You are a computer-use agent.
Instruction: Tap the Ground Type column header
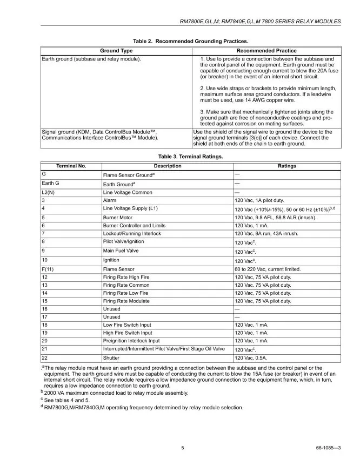(116, 51)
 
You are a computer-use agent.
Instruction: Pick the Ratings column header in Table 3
(287, 166)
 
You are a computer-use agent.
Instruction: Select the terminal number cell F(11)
(48, 269)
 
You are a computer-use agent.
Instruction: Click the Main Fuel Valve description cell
(121, 251)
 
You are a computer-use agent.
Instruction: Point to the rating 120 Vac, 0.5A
(253, 357)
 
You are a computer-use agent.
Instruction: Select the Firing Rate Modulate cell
(128, 300)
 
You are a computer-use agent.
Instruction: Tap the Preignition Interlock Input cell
(131, 341)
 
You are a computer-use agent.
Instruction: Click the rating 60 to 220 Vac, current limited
(267, 269)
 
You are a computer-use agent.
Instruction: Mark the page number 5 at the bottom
(183, 448)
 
